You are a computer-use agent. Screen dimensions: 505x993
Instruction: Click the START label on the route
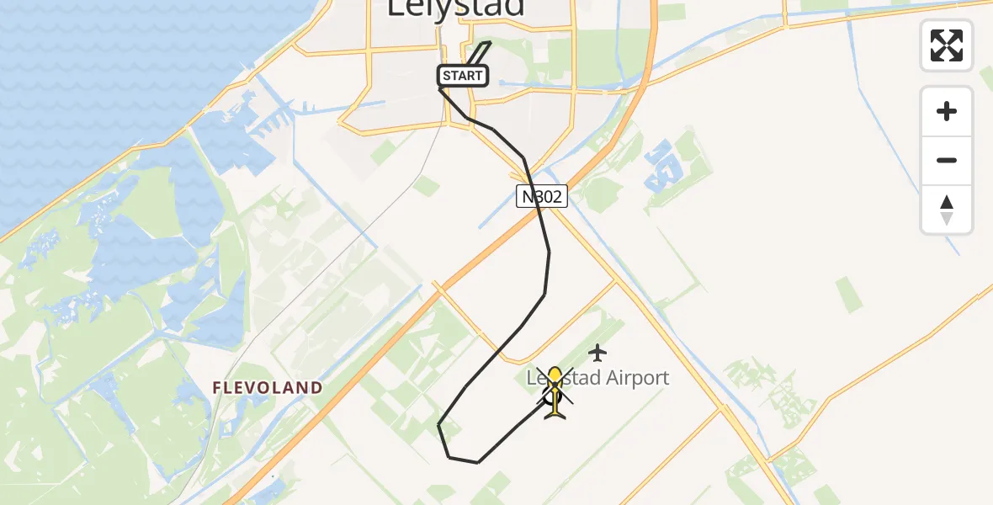click(x=463, y=76)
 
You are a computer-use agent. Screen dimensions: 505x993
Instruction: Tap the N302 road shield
click(x=542, y=197)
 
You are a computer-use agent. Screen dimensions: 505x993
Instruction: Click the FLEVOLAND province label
click(x=268, y=388)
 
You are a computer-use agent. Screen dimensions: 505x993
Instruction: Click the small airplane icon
click(x=597, y=352)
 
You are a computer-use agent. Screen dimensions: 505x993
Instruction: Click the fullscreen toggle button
click(x=947, y=45)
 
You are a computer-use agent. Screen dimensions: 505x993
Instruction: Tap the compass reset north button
click(x=947, y=210)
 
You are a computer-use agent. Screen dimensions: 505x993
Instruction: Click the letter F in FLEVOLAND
click(x=217, y=388)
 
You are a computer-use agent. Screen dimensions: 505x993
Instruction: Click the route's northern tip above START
click(x=490, y=42)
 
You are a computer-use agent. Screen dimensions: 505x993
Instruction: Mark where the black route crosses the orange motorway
click(x=539, y=215)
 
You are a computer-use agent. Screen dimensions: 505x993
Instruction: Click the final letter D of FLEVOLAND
click(x=316, y=388)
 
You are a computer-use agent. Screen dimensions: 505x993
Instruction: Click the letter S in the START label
click(x=447, y=76)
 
